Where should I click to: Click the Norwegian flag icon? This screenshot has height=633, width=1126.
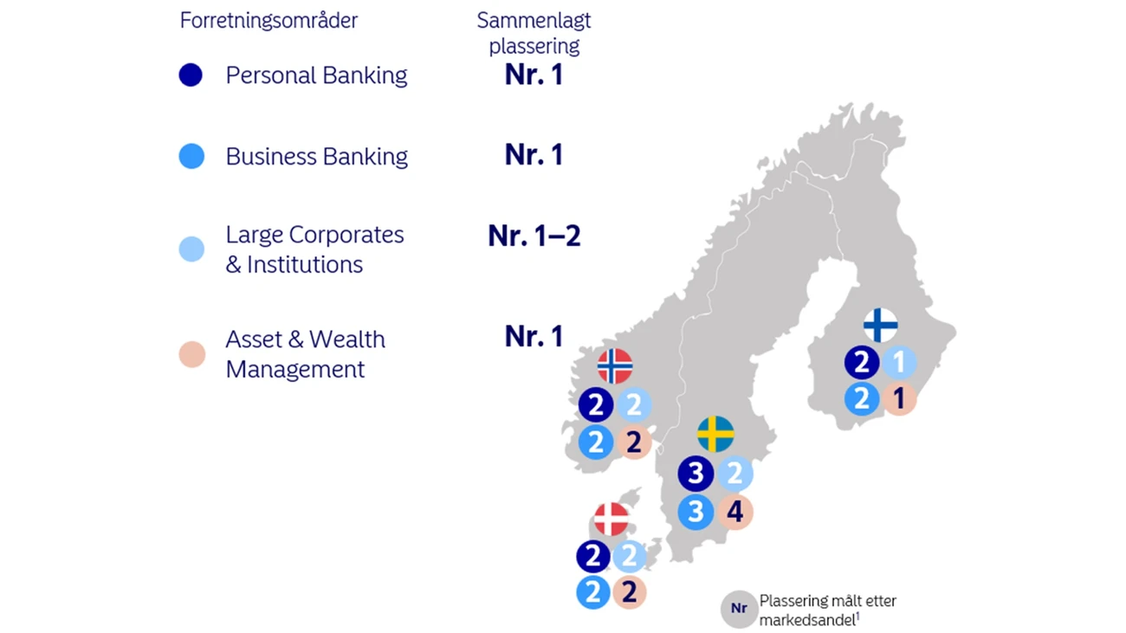(x=615, y=366)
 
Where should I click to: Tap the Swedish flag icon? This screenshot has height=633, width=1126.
(x=715, y=435)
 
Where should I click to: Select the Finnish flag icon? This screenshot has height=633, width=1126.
(x=880, y=325)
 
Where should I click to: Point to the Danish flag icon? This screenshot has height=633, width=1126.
(x=612, y=520)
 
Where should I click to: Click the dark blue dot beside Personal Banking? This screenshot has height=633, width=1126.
(x=191, y=75)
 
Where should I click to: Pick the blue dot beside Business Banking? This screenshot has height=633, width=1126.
(x=191, y=157)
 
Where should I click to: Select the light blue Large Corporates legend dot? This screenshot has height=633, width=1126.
(x=191, y=249)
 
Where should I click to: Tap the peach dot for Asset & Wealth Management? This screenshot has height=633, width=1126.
(x=191, y=354)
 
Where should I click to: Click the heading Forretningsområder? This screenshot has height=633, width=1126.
(x=269, y=21)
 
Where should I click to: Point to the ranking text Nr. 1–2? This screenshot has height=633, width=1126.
(x=534, y=236)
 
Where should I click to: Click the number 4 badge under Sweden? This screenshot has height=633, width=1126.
(x=734, y=512)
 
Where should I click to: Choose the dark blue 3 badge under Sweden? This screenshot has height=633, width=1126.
(x=696, y=474)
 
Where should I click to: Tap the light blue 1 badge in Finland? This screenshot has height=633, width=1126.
(x=899, y=363)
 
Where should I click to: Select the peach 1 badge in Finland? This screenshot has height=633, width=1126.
(x=899, y=399)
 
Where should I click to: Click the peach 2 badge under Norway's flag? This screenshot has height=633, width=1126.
(x=634, y=442)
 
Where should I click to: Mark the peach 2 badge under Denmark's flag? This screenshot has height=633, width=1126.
(x=630, y=593)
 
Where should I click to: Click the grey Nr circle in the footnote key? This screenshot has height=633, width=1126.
(x=738, y=609)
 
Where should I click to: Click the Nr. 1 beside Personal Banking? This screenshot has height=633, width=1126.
(x=534, y=75)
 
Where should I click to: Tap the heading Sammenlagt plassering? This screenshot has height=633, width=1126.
(x=534, y=33)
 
